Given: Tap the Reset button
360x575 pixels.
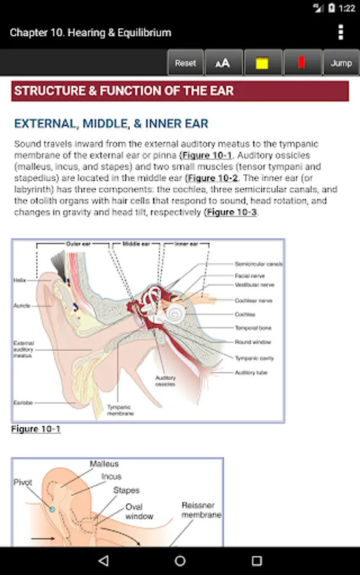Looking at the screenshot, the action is coord(185,63).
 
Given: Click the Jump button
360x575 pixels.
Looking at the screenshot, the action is coord(341,63).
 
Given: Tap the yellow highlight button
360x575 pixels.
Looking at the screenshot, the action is coord(262,63).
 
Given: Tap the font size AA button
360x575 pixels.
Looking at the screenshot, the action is coord(223,63).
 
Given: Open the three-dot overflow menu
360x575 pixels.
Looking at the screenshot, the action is coord(341,32).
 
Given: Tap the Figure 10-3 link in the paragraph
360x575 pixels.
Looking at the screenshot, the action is coord(231,212).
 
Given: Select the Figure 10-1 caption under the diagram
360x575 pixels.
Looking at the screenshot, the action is coord(36,429).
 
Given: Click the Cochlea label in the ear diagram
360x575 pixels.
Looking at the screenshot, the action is coord(245,314).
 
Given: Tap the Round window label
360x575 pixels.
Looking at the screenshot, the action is coord(253,342).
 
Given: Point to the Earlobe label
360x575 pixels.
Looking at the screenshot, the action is coord(23,403).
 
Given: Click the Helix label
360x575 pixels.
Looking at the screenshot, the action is coord(19,280).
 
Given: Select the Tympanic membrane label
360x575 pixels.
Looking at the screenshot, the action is coord(120,410).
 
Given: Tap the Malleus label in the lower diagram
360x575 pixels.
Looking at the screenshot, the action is coord(104,464).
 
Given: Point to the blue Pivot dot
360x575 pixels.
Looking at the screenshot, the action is coord(52,509).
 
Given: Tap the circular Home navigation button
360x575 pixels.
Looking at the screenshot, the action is coord(180,561).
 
